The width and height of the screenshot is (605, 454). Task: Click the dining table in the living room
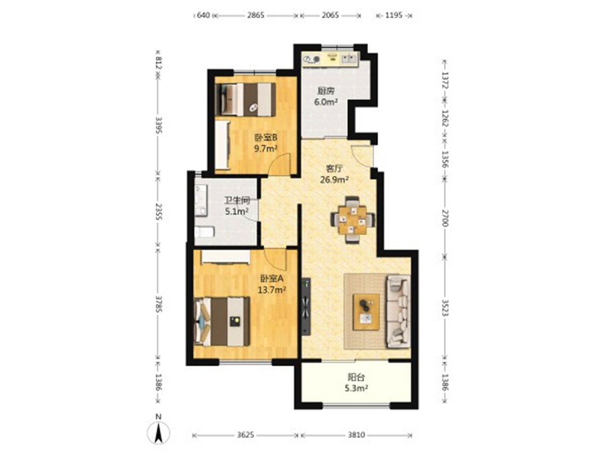[353, 219]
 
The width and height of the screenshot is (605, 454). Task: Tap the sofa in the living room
[398, 311]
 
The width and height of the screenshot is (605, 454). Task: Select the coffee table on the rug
[366, 311]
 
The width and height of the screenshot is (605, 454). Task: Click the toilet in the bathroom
[204, 232]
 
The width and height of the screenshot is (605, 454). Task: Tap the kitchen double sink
[349, 58]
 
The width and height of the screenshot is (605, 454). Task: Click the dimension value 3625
[245, 435]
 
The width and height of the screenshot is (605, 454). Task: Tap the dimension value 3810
[356, 435]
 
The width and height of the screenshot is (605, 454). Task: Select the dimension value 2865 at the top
[255, 15]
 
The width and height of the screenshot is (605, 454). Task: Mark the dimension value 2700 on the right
[445, 218]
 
